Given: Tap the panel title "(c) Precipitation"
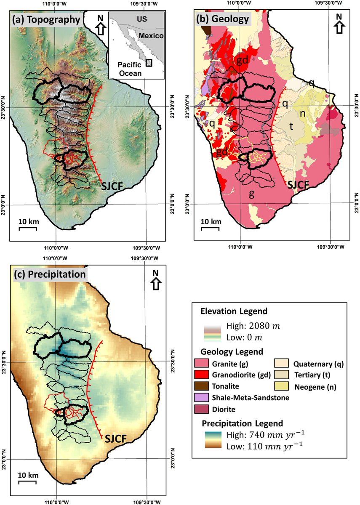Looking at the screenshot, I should [50, 274].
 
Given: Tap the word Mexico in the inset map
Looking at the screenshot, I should [151, 36].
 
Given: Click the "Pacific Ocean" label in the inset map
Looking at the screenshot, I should [129, 69].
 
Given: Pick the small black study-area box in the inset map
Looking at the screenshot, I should [148, 62].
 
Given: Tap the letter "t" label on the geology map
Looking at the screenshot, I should [290, 125].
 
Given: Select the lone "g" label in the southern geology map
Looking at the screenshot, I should [252, 194].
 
